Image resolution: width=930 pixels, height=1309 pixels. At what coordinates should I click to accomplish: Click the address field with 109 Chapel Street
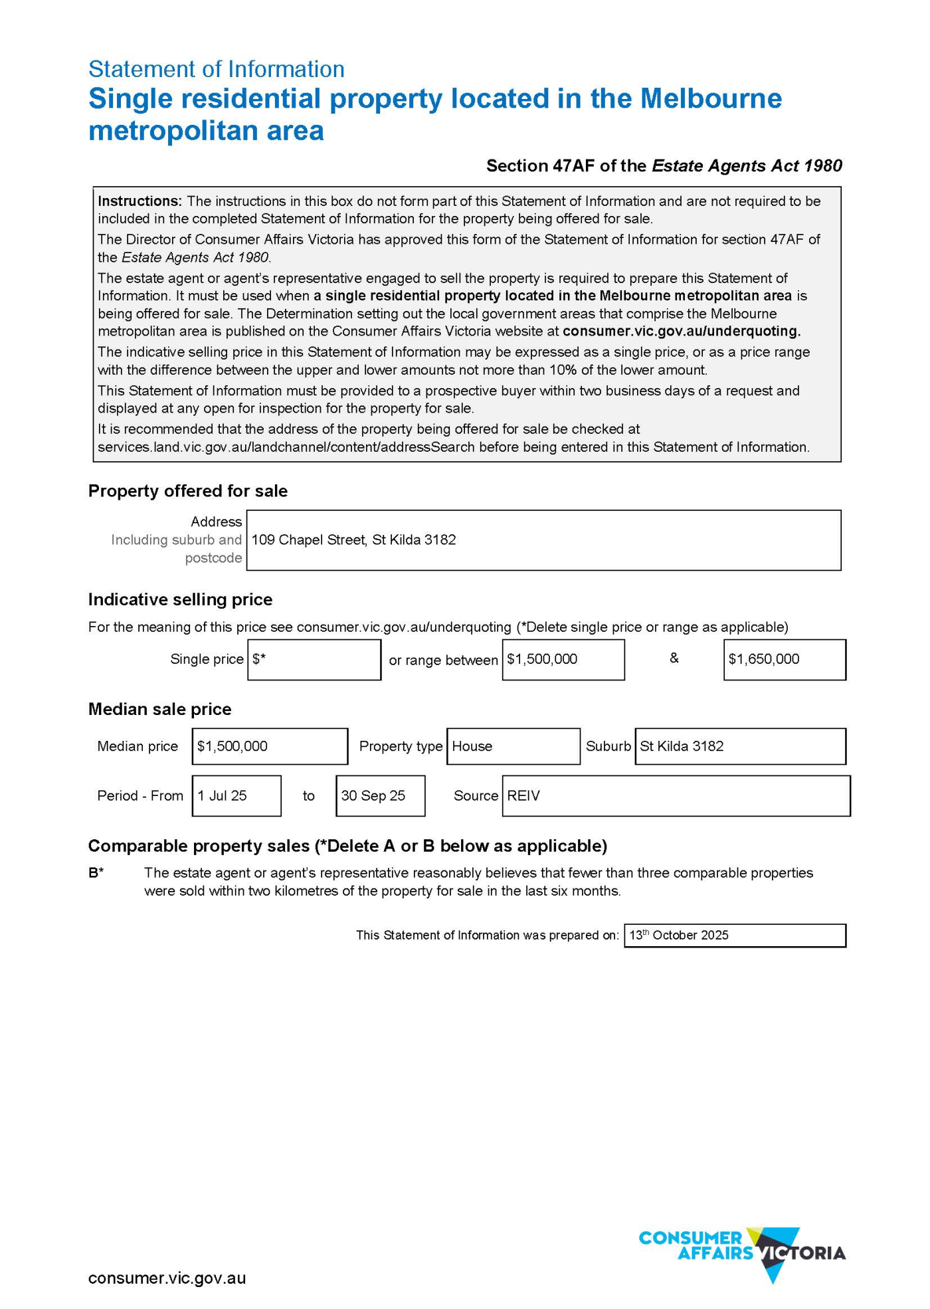coord(543,540)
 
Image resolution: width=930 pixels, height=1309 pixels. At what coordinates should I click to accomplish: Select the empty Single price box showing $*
coord(314,659)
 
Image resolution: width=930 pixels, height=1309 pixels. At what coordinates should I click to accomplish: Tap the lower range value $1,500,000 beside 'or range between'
coord(563,659)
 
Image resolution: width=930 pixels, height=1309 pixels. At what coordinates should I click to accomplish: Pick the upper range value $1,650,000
coord(784,659)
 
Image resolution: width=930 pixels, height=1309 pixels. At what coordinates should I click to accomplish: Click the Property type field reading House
coord(513,746)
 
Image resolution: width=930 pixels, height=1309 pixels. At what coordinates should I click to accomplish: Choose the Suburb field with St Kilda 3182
coord(740,746)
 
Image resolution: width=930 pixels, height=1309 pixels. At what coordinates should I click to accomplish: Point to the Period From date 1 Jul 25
coord(236,795)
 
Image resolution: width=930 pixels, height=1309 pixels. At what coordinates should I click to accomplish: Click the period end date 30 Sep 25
coord(380,795)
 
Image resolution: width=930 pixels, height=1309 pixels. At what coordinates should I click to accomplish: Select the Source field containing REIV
coord(676,795)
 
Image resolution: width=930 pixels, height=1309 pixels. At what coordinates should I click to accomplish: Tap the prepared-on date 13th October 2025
coord(734,935)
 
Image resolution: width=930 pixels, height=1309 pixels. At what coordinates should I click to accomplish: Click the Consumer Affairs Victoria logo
coord(742,1253)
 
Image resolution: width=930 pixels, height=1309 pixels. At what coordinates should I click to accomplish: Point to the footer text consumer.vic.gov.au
coord(167,1278)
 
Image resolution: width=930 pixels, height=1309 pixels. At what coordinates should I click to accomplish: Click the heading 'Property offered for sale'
coord(188,491)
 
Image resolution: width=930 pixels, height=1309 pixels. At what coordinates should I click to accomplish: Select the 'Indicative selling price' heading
coord(180,599)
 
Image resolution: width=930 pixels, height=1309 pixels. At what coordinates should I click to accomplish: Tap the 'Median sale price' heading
coord(159,709)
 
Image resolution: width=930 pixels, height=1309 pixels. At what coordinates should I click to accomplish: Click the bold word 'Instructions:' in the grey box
coord(139,201)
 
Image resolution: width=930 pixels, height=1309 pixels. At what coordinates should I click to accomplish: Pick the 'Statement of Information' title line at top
coord(216,69)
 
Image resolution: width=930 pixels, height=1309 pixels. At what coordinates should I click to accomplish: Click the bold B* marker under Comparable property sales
coord(96,873)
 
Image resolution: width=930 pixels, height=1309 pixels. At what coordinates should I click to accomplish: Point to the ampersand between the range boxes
coord(674,658)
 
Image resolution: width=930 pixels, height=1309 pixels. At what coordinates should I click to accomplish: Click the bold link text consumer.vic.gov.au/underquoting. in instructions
coord(682,331)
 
